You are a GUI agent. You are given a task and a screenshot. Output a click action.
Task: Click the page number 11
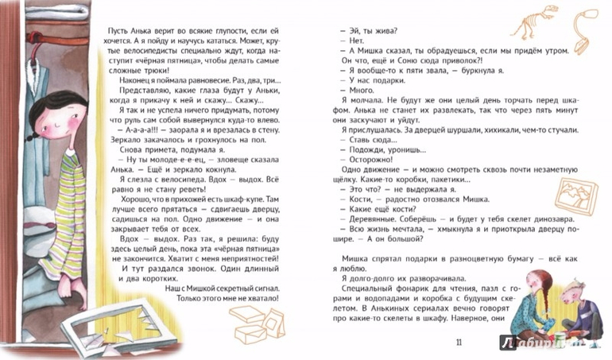454,342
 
